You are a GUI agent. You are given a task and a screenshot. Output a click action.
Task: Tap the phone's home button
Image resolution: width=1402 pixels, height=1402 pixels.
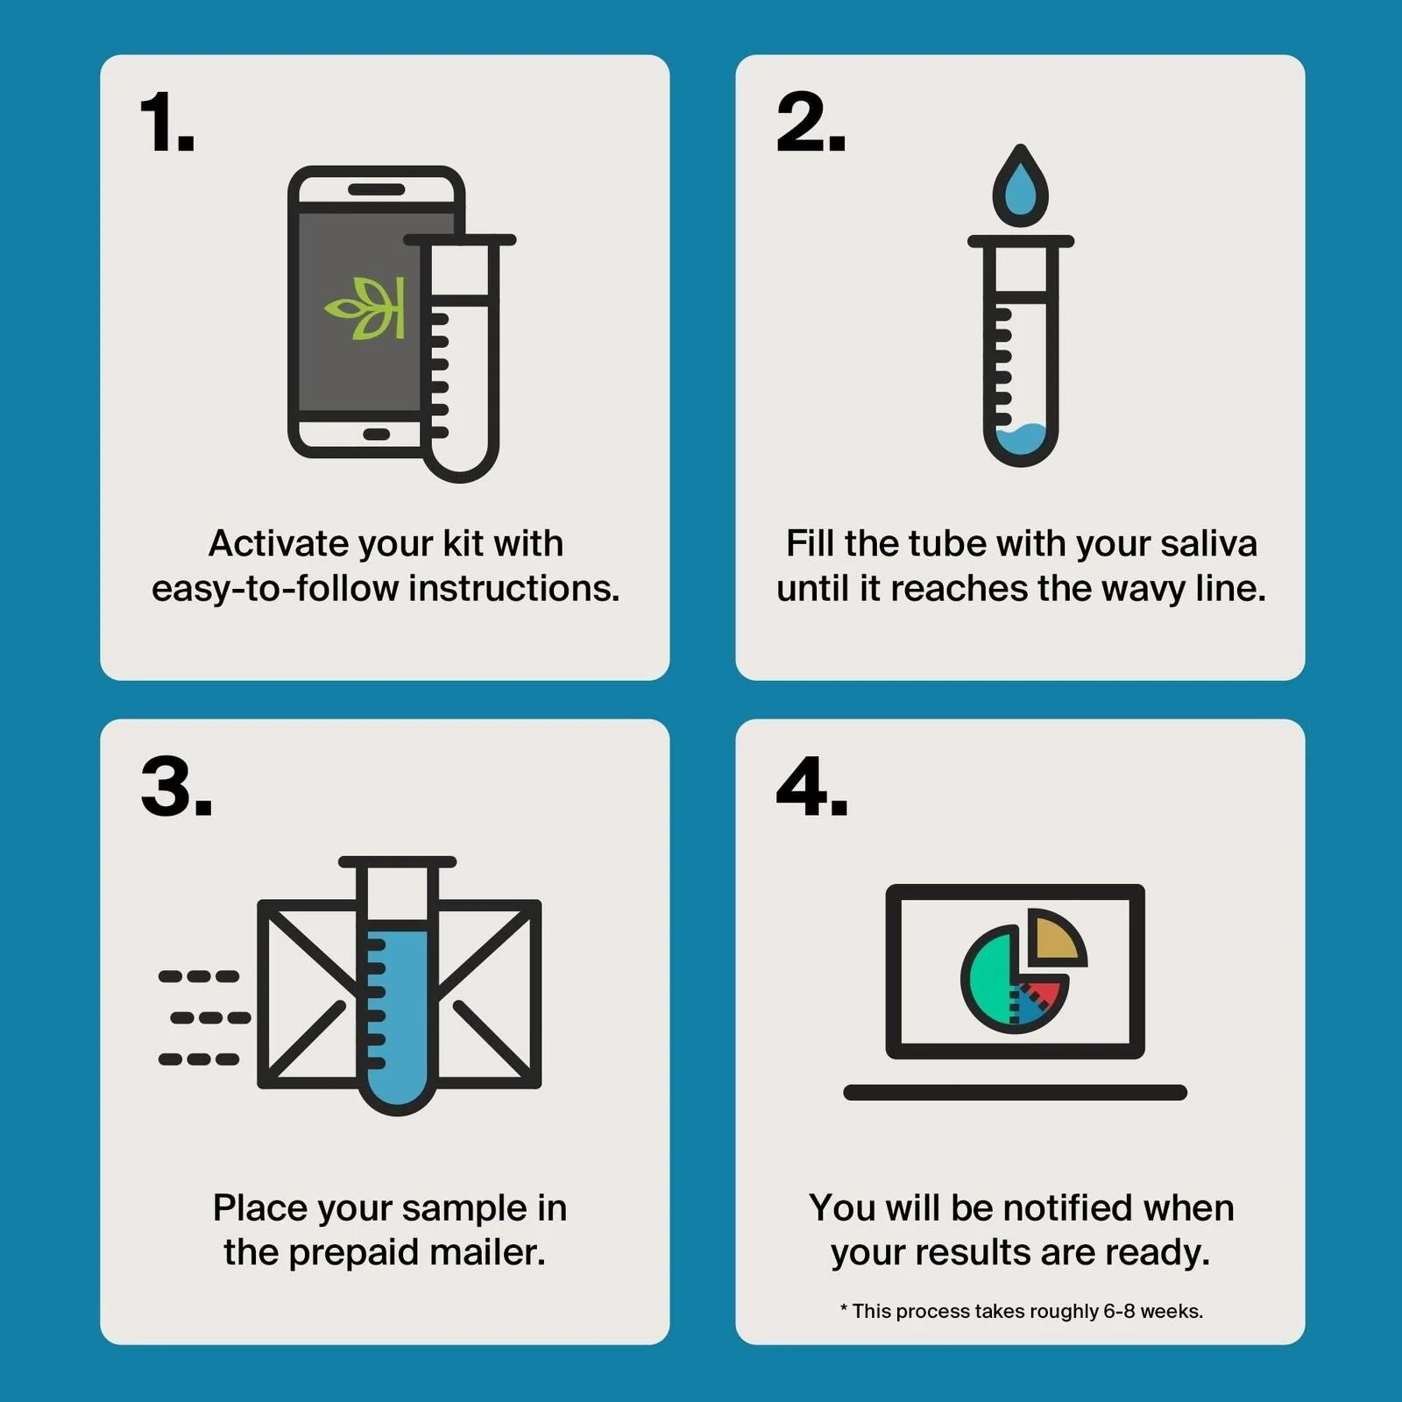click(376, 435)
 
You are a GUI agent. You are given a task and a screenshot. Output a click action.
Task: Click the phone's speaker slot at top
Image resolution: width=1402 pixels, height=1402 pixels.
click(376, 189)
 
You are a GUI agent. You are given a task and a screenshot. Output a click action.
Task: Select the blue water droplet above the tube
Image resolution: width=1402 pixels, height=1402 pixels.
click(1020, 184)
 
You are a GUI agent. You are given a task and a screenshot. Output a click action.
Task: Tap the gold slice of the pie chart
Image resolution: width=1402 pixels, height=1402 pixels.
click(1055, 937)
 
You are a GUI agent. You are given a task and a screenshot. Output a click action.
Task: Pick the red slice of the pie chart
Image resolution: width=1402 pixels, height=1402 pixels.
click(1043, 994)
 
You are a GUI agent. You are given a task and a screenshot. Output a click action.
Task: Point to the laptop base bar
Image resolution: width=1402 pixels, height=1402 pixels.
click(1015, 1092)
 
